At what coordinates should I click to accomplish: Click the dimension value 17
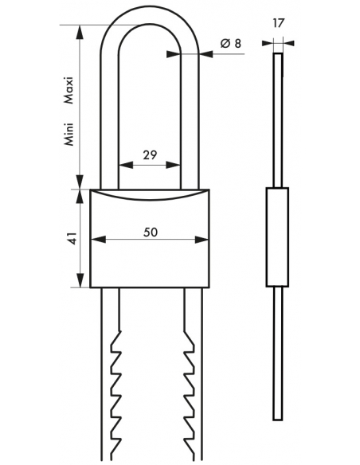point(278,23)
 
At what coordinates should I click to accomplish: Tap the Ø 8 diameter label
point(231,44)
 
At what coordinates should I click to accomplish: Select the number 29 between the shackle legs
point(150,155)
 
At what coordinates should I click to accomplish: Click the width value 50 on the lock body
point(151,232)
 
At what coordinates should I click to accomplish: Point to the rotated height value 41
point(73,238)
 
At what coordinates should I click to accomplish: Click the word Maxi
point(68,90)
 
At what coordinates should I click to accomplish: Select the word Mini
point(68,134)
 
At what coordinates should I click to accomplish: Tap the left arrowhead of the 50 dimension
point(98,240)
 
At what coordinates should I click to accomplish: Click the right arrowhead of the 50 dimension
point(202,240)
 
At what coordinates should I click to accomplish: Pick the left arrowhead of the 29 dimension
point(126,165)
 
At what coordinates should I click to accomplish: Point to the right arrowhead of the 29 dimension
point(173,165)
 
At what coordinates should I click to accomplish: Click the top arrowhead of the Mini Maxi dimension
point(79,33)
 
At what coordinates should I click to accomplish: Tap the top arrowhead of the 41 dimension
point(79,197)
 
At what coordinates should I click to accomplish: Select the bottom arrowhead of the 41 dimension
point(79,280)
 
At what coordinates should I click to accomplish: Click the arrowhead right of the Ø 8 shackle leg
point(206,54)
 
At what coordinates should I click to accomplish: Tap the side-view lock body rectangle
point(277,237)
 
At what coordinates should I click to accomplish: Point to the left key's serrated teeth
point(116,394)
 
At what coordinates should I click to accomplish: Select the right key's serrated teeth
point(190,394)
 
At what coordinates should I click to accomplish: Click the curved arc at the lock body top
point(150,198)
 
